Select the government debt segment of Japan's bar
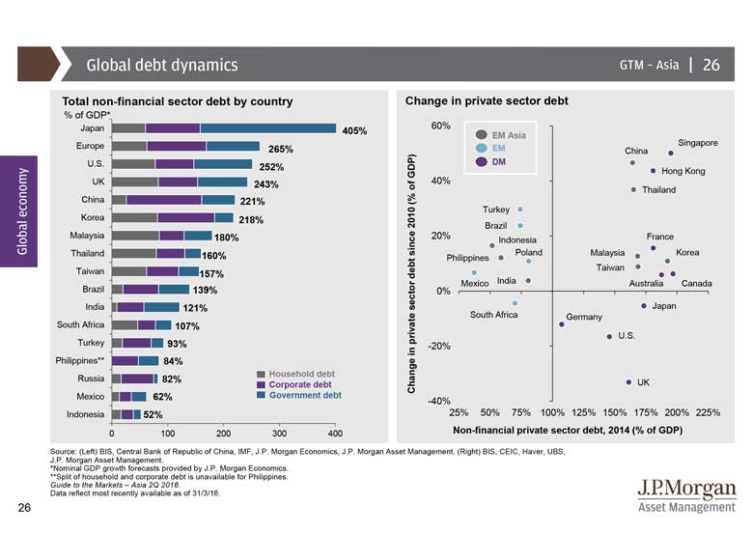coord(267,127)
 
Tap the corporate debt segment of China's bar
coord(163,200)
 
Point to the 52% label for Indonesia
coord(153,415)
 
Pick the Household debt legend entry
coord(302,374)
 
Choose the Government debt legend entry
coord(305,395)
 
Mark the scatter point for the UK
coord(628,381)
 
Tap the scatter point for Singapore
coord(671,153)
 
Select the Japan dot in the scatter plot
coord(644,306)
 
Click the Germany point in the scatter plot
coord(562,324)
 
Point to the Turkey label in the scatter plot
coord(495,210)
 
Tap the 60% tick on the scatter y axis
coord(439,126)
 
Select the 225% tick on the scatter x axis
coord(708,411)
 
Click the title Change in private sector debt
coord(487,100)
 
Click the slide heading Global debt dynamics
coord(161,66)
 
